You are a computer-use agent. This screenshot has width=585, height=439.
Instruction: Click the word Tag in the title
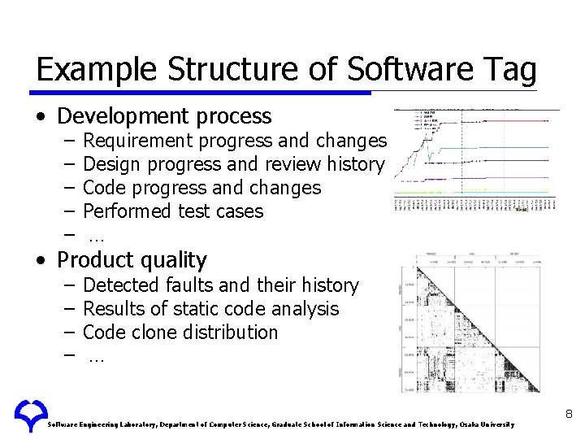click(x=509, y=70)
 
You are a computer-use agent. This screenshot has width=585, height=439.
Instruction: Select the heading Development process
click(x=164, y=116)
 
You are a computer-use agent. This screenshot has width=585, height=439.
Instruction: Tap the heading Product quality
click(x=132, y=260)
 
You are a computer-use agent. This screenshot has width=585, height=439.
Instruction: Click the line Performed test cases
click(x=173, y=211)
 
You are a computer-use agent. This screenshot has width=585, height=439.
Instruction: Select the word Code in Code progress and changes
click(x=103, y=189)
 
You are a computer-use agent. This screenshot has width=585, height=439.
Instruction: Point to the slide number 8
click(x=569, y=415)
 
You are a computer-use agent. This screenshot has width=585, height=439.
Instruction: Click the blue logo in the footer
click(x=30, y=415)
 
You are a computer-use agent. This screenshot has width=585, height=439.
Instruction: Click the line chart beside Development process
click(x=476, y=161)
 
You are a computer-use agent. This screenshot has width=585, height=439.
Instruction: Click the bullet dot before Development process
click(x=41, y=117)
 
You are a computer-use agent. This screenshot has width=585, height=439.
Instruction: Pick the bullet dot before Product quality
click(x=41, y=261)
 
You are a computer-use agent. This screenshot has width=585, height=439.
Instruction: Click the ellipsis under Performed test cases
click(x=96, y=237)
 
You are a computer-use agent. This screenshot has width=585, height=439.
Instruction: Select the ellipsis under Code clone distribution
click(x=96, y=357)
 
